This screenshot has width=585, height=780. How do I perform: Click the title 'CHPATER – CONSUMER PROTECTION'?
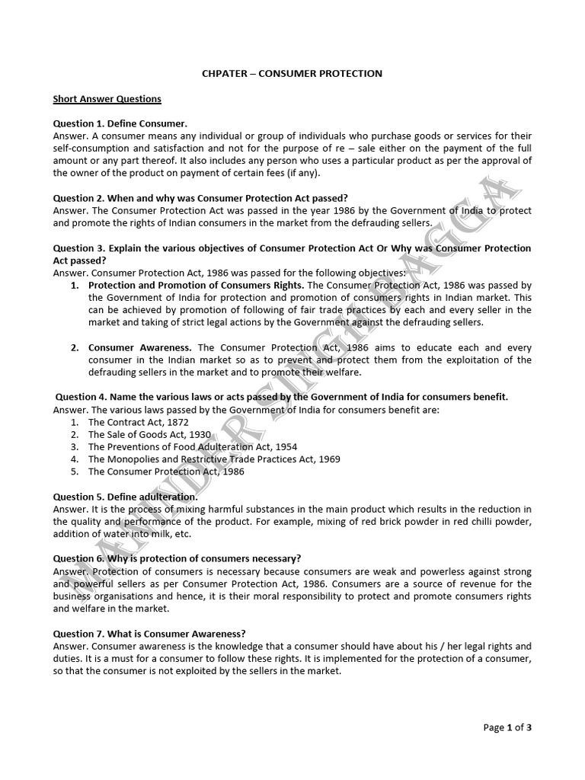292,73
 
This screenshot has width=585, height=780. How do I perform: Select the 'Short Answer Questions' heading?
107,99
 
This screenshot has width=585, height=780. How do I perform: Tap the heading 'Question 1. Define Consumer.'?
120,123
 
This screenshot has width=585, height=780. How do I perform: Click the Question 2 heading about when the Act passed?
200,198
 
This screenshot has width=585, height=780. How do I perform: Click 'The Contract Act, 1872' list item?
139,421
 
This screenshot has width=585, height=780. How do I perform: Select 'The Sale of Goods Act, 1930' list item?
149,434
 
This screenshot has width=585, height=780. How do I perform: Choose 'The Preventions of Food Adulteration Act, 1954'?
193,446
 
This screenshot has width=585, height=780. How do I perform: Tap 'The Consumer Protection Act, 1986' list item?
167,471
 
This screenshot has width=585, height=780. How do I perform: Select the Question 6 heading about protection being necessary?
177,558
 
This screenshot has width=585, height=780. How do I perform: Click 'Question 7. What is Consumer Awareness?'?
149,633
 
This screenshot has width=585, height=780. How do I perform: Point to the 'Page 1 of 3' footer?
507,727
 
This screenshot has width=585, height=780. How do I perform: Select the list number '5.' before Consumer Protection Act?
75,471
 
